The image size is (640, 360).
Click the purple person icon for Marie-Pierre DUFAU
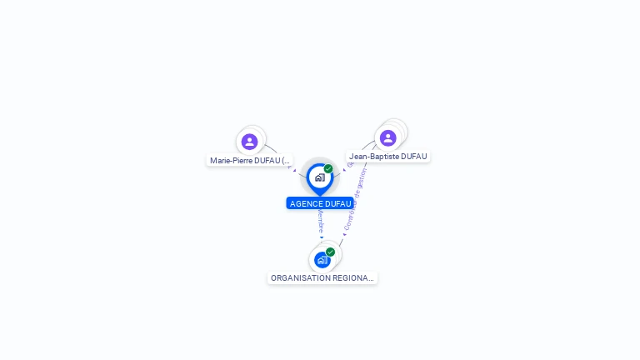(x=249, y=142)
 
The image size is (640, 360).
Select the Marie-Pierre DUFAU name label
(x=250, y=160)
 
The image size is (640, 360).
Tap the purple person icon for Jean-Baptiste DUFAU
(x=387, y=137)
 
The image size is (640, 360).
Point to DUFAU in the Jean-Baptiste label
(x=415, y=156)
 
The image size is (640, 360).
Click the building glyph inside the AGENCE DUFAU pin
(x=319, y=177)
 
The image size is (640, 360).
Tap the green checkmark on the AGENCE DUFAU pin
(x=328, y=168)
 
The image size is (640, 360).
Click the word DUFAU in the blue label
(x=337, y=203)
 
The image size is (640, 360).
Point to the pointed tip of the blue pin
(x=320, y=194)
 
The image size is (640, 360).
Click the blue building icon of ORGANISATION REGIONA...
(x=322, y=260)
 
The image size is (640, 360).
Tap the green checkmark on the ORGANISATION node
(x=331, y=252)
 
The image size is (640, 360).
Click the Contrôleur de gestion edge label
(x=353, y=201)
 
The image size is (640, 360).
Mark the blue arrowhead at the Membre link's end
(x=322, y=237)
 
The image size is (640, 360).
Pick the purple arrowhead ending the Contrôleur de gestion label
(x=344, y=235)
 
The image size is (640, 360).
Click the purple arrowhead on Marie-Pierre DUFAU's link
(x=294, y=170)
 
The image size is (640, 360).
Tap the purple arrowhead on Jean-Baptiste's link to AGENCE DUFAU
(x=344, y=170)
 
